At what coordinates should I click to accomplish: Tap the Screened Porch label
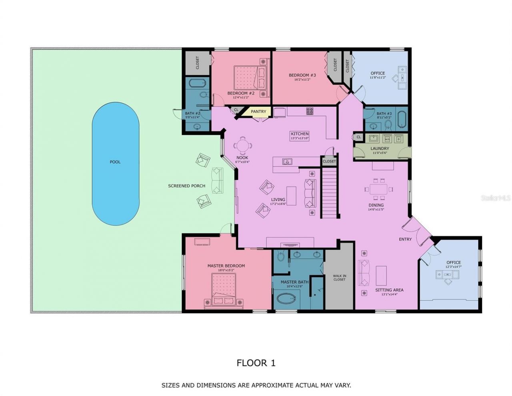pyautogui.click(x=186, y=186)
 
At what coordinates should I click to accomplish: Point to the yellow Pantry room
pyautogui.click(x=258, y=112)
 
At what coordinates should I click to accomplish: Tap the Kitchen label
pyautogui.click(x=300, y=134)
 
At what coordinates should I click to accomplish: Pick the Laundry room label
pyautogui.click(x=380, y=149)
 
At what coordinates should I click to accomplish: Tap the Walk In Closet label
pyautogui.click(x=339, y=277)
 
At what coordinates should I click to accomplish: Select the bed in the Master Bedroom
pyautogui.click(x=224, y=291)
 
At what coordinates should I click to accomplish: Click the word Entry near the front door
pyautogui.click(x=405, y=239)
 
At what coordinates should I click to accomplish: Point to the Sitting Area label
pyautogui.click(x=389, y=290)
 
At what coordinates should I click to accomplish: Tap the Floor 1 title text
pyautogui.click(x=256, y=363)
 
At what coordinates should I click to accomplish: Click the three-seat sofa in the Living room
pyautogui.click(x=310, y=193)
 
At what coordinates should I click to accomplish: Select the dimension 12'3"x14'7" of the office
pyautogui.click(x=454, y=267)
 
